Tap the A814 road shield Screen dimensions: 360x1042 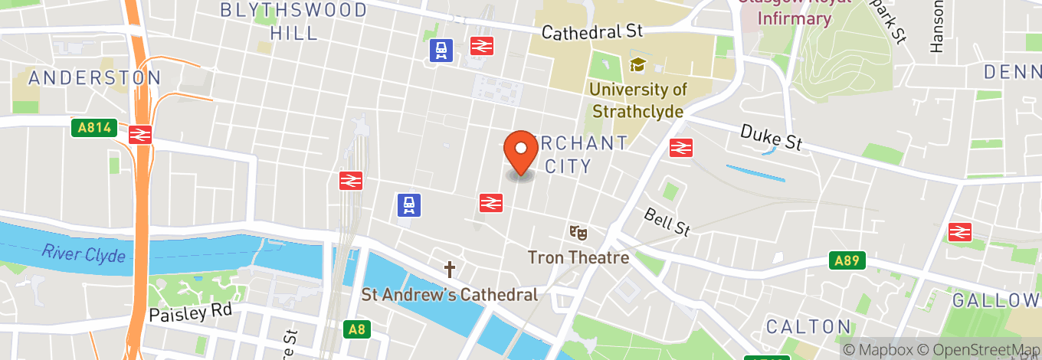click(93, 128)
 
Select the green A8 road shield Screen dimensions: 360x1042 click(357, 330)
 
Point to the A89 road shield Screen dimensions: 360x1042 click(847, 260)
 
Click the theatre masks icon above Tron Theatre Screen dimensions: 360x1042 click(578, 231)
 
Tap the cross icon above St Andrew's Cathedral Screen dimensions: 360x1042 click(450, 270)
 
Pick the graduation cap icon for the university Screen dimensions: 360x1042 click(637, 64)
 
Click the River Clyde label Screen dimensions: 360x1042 click(84, 254)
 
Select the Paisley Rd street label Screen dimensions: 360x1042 click(185, 313)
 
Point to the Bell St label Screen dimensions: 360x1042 click(667, 221)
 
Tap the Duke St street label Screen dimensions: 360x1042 click(772, 139)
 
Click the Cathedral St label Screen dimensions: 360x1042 click(592, 32)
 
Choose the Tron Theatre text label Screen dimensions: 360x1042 click(578, 257)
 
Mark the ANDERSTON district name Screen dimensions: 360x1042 click(95, 77)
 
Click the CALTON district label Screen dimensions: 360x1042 click(808, 326)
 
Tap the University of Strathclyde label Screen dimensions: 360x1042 click(638, 100)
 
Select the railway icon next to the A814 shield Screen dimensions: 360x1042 click(139, 134)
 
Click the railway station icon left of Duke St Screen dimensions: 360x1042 click(680, 147)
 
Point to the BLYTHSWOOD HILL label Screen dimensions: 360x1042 click(293, 21)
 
